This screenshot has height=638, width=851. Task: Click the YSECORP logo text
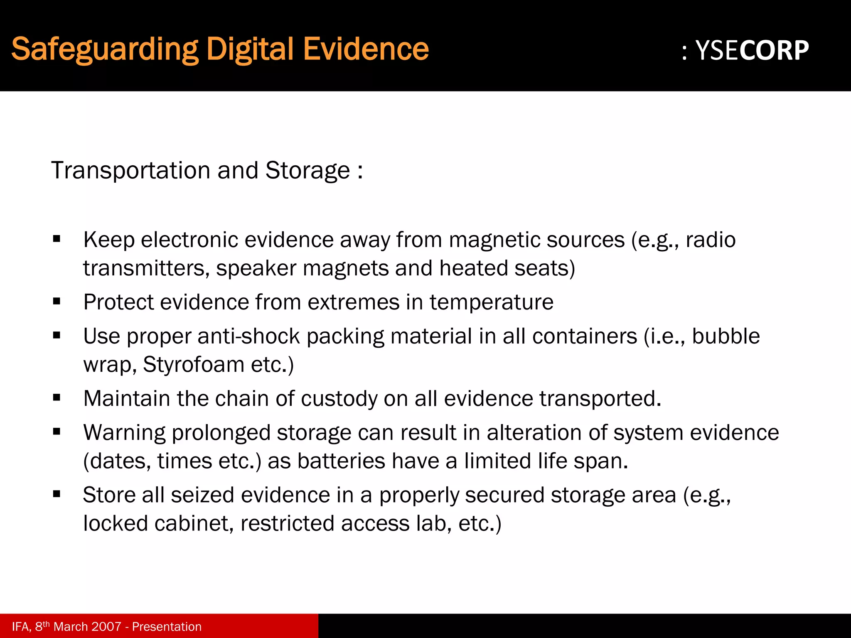(752, 51)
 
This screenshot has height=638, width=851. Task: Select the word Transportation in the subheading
(131, 171)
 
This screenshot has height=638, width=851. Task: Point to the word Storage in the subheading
(307, 171)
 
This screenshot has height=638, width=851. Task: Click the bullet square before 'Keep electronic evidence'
(57, 239)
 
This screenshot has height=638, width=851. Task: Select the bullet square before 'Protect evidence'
(57, 301)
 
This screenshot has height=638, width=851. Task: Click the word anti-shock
(248, 336)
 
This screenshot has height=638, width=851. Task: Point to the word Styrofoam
(194, 365)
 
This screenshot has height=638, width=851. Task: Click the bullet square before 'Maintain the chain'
(57, 398)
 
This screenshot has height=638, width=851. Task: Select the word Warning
(125, 433)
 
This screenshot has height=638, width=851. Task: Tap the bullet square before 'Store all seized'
(57, 494)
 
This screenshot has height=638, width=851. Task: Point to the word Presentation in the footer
(167, 626)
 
